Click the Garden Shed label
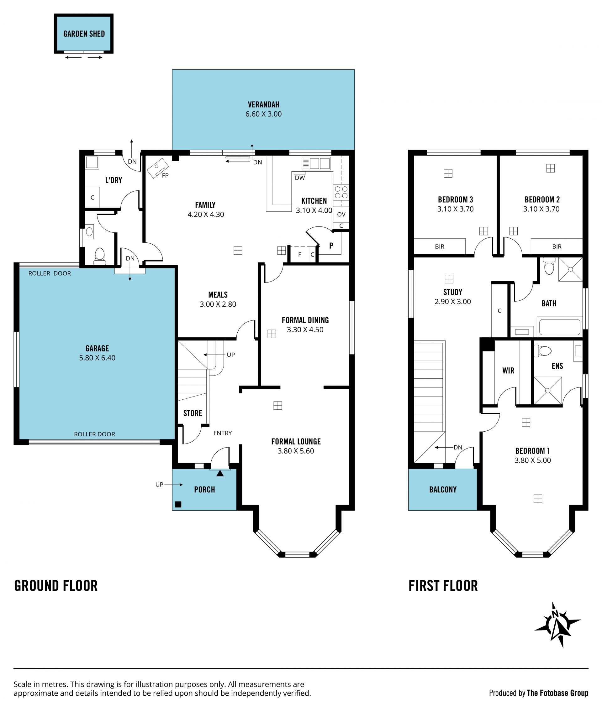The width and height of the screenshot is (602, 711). tap(84, 34)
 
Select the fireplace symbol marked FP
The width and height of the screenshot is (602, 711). tap(157, 168)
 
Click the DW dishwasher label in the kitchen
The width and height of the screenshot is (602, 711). tap(300, 178)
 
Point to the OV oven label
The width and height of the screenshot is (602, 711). tap(341, 214)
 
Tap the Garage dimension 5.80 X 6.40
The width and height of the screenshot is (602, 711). tap(97, 358)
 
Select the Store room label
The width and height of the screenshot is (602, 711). tap(193, 413)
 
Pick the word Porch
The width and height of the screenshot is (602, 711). tap(204, 490)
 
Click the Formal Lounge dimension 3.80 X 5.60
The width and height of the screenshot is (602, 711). tap(296, 451)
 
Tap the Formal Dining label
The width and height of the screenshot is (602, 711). tap(305, 320)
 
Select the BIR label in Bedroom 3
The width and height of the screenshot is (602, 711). tap(440, 247)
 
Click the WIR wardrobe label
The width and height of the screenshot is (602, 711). tap(508, 371)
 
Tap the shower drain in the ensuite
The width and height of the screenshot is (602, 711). tap(547, 391)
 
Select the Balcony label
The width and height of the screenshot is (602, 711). tap(443, 490)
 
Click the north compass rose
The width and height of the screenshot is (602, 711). tap(557, 625)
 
